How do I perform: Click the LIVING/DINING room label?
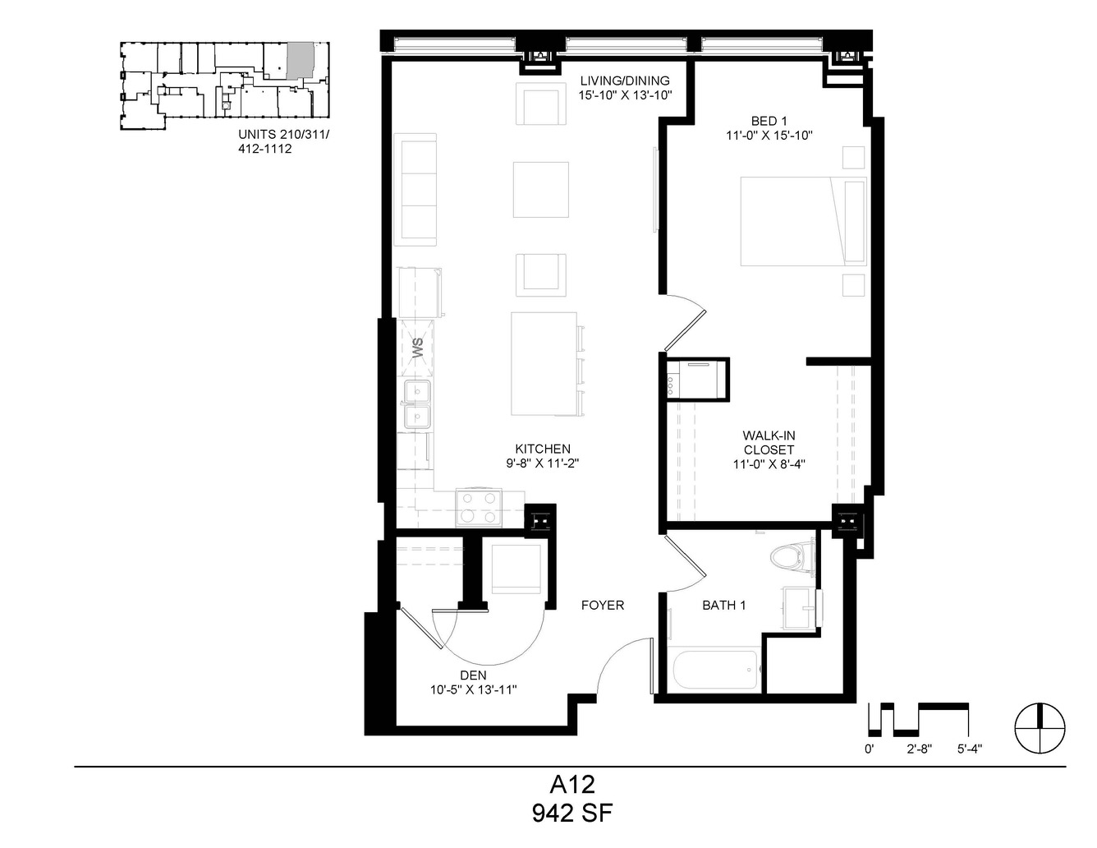point(625,81)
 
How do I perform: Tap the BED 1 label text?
point(769,122)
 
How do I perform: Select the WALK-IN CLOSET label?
point(769,442)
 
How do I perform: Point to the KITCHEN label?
point(543,449)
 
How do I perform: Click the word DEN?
point(474,675)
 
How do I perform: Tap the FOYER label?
point(603,605)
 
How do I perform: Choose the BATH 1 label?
point(724,605)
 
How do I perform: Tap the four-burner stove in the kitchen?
point(479,507)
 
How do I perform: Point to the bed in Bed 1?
point(803,221)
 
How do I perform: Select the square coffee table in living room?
point(541,189)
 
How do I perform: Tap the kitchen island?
point(544,364)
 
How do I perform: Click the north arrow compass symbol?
point(1040,728)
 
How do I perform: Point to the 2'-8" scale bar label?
point(920,749)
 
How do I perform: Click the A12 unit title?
point(572,785)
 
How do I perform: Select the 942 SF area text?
point(572,813)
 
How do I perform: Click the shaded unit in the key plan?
point(301,60)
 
